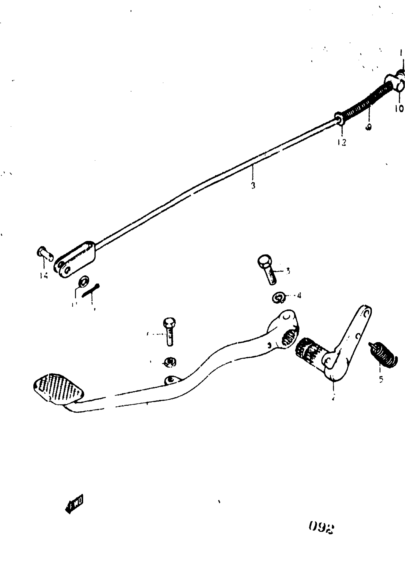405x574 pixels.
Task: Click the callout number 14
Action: click(44, 275)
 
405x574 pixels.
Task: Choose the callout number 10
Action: click(399, 108)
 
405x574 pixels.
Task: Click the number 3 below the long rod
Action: click(253, 185)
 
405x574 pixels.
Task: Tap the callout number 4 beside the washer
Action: click(299, 296)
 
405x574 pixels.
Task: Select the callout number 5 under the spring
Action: click(381, 379)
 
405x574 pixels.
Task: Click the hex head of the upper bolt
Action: click(264, 261)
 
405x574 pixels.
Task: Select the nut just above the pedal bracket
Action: click(170, 362)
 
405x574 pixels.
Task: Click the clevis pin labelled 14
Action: click(45, 253)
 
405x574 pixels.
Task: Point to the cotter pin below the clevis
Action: click(91, 291)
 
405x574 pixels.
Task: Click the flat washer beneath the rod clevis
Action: click(83, 281)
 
